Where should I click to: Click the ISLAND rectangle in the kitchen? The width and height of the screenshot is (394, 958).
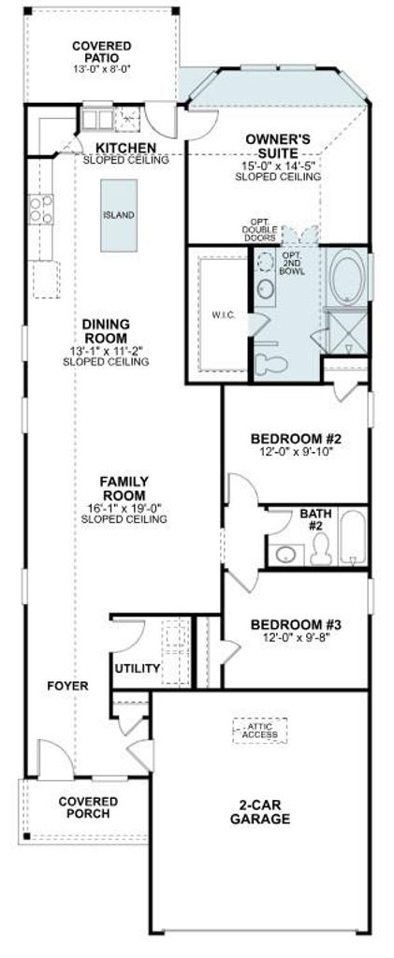(119, 215)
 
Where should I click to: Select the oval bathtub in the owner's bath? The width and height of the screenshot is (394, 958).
(346, 279)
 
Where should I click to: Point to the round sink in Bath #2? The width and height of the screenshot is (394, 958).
(285, 555)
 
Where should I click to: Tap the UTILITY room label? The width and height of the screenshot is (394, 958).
(138, 668)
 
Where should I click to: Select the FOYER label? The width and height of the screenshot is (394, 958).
(67, 686)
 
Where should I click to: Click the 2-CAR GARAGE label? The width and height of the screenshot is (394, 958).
(260, 813)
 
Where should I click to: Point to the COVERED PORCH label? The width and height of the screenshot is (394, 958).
(88, 807)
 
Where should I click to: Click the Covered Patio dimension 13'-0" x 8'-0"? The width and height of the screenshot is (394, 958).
(101, 69)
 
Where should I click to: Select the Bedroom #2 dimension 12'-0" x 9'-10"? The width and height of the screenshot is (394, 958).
(297, 452)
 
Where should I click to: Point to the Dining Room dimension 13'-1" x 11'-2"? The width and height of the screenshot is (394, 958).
(106, 351)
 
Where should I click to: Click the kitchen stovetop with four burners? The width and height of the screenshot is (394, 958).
(40, 209)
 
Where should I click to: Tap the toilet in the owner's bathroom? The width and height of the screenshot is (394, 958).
(270, 364)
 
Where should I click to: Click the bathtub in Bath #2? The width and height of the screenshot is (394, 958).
(353, 538)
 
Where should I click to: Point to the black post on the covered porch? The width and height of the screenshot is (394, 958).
(26, 835)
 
